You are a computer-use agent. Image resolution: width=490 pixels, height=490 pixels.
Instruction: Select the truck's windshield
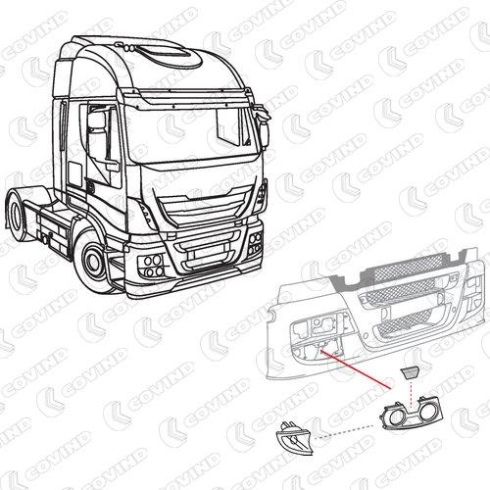[191, 134]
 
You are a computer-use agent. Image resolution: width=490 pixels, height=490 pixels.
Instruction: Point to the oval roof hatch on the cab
[170, 56]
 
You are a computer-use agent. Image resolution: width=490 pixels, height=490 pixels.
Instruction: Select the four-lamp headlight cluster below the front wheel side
[151, 266]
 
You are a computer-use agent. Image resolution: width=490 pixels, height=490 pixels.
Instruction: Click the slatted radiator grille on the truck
[204, 208]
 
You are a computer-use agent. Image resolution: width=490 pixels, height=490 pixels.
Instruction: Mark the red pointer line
[355, 369]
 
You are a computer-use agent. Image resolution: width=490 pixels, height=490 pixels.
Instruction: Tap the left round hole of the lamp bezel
[396, 417]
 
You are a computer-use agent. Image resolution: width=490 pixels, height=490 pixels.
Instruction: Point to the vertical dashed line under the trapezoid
[411, 394]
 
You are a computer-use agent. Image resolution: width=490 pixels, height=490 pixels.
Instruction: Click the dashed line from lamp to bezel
[346, 431]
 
